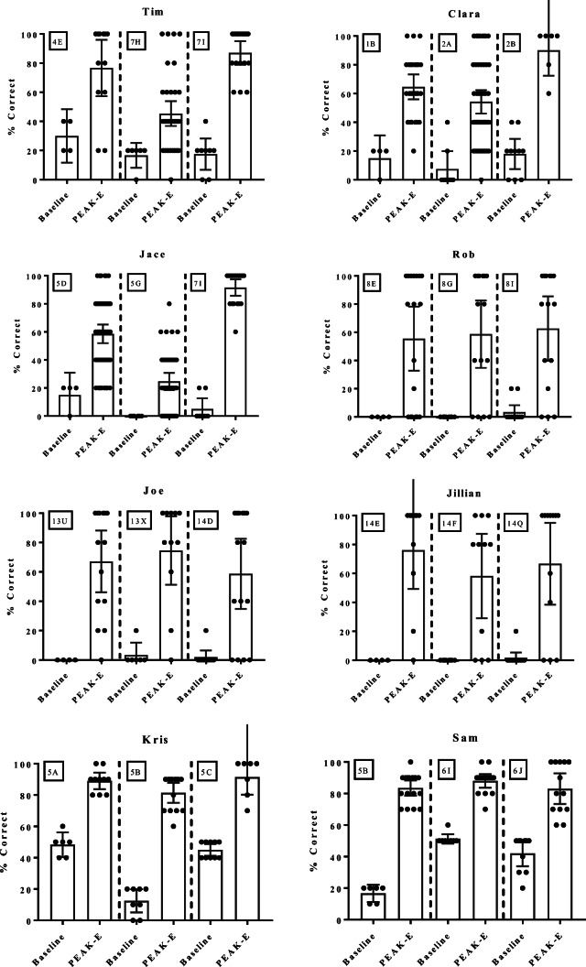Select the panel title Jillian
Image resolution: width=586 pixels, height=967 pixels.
[450, 494]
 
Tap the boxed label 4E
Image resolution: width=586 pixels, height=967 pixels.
[58, 41]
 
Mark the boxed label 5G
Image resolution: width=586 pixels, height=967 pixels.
[134, 284]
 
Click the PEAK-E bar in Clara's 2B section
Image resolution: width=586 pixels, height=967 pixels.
[548, 115]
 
